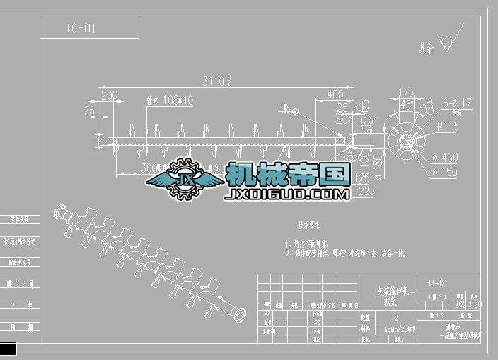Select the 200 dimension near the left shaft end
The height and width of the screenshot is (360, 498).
click(x=109, y=95)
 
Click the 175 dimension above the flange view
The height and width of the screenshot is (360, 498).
click(x=406, y=92)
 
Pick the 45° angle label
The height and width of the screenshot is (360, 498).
click(x=406, y=105)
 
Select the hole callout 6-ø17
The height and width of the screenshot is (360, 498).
click(x=455, y=103)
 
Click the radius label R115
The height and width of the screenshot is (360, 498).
click(x=448, y=127)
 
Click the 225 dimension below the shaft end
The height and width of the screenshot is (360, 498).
click(x=366, y=190)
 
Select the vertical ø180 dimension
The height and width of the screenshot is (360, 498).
click(x=376, y=161)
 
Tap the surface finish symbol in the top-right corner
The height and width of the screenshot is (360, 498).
click(x=448, y=44)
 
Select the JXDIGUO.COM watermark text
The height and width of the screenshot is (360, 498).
click(x=286, y=193)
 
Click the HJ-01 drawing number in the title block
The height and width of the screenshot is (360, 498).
click(x=436, y=283)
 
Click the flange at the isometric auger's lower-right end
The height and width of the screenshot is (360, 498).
click(x=241, y=315)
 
